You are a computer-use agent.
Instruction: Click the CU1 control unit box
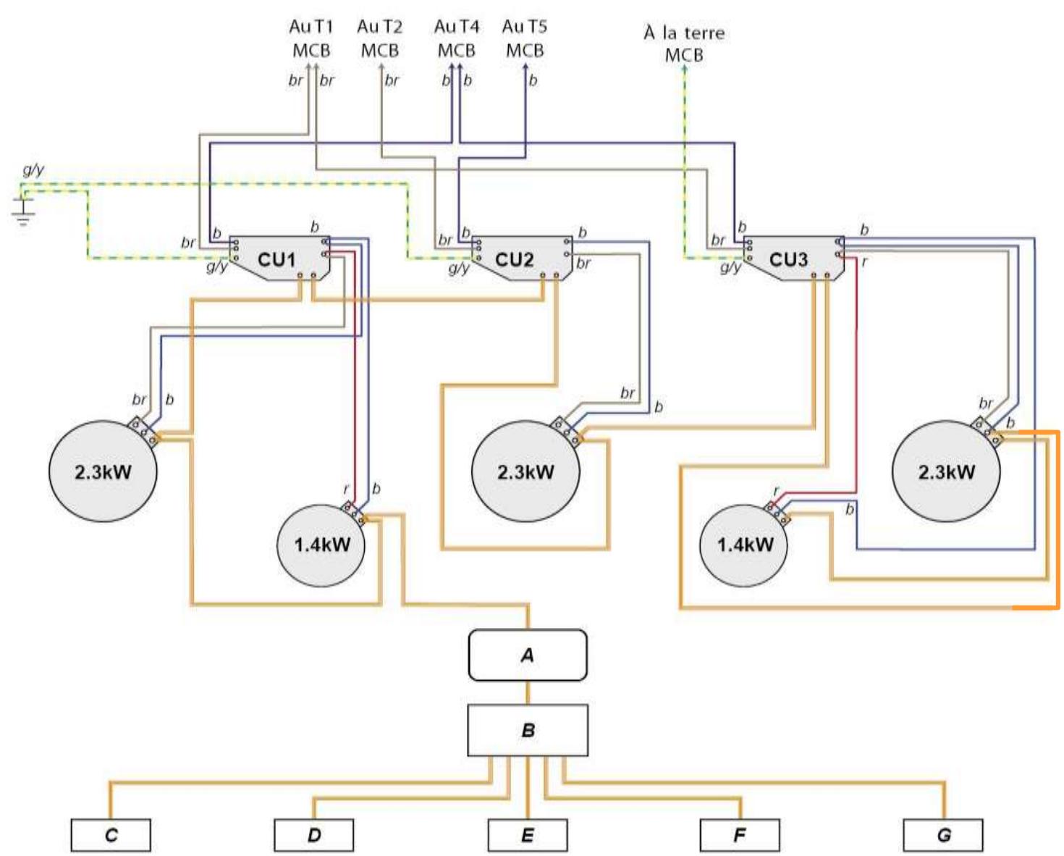(x=279, y=259)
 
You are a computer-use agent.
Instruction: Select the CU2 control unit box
(x=522, y=259)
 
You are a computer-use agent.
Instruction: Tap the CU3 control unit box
(x=794, y=259)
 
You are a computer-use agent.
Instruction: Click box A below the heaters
(x=528, y=655)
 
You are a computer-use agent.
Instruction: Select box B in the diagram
(x=528, y=730)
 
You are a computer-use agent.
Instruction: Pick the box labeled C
(x=111, y=835)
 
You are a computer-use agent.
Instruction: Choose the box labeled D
(x=314, y=835)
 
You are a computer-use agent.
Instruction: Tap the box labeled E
(x=528, y=835)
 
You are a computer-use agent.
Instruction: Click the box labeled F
(x=740, y=835)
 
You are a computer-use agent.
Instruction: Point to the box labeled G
(x=943, y=835)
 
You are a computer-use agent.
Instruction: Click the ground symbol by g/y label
(x=22, y=210)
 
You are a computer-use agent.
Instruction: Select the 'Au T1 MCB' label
(x=311, y=38)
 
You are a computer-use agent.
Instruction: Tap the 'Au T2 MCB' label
(x=380, y=38)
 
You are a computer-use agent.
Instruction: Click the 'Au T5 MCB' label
(x=525, y=38)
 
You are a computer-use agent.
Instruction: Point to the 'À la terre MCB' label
(x=684, y=43)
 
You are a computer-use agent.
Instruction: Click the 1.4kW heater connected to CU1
(x=321, y=545)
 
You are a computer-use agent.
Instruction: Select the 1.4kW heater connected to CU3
(x=743, y=545)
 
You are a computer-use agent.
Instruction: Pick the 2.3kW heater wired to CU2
(x=525, y=471)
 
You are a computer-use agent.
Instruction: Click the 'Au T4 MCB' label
(x=456, y=38)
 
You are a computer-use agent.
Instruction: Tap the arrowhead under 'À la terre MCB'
(x=685, y=68)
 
